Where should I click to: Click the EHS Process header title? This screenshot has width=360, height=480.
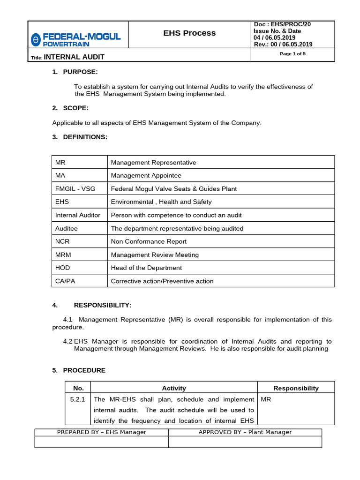pyautogui.click(x=189, y=33)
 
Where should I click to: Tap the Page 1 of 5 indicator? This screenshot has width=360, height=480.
pyautogui.click(x=292, y=54)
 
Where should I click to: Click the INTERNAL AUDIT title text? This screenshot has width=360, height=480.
pyautogui.click(x=74, y=57)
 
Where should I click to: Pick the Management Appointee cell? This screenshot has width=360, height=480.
pyautogui.click(x=146, y=176)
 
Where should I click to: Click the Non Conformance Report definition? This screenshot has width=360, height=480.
pyautogui.click(x=149, y=242)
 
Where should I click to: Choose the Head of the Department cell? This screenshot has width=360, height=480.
pyautogui.click(x=146, y=268)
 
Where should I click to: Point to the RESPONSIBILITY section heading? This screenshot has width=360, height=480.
pyautogui.click(x=103, y=305)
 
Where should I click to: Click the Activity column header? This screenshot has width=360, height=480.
pyautogui.click(x=174, y=388)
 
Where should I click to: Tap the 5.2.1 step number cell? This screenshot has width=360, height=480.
pyautogui.click(x=77, y=400)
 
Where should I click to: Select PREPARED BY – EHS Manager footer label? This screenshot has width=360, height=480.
pyautogui.click(x=101, y=432)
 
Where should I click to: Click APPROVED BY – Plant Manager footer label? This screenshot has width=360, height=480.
pyautogui.click(x=245, y=432)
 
